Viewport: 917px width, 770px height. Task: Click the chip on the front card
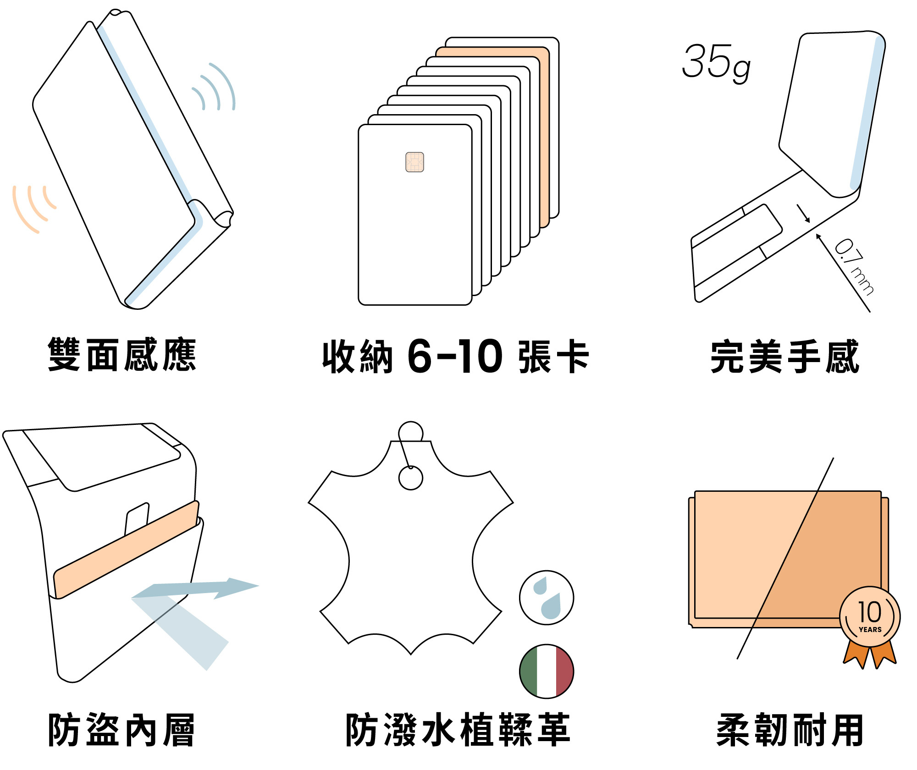pyautogui.click(x=414, y=162)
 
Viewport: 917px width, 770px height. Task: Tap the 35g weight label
pyautogui.click(x=716, y=63)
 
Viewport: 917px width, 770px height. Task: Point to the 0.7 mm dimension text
pyautogui.click(x=854, y=266)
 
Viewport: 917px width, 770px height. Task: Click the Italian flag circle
pyautogui.click(x=546, y=671)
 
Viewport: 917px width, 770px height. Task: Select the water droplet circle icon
pyautogui.click(x=546, y=598)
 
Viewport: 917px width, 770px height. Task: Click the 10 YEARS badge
pyautogui.click(x=869, y=616)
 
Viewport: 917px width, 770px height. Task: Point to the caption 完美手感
pyautogui.click(x=784, y=357)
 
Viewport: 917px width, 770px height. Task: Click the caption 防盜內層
pyautogui.click(x=122, y=730)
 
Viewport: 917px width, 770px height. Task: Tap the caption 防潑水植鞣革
pyautogui.click(x=458, y=730)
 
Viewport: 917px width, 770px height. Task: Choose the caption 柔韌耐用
pyautogui.click(x=790, y=730)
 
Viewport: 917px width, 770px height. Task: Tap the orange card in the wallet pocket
pyautogui.click(x=126, y=550)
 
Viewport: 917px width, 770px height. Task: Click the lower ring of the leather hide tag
pyautogui.click(x=410, y=478)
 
